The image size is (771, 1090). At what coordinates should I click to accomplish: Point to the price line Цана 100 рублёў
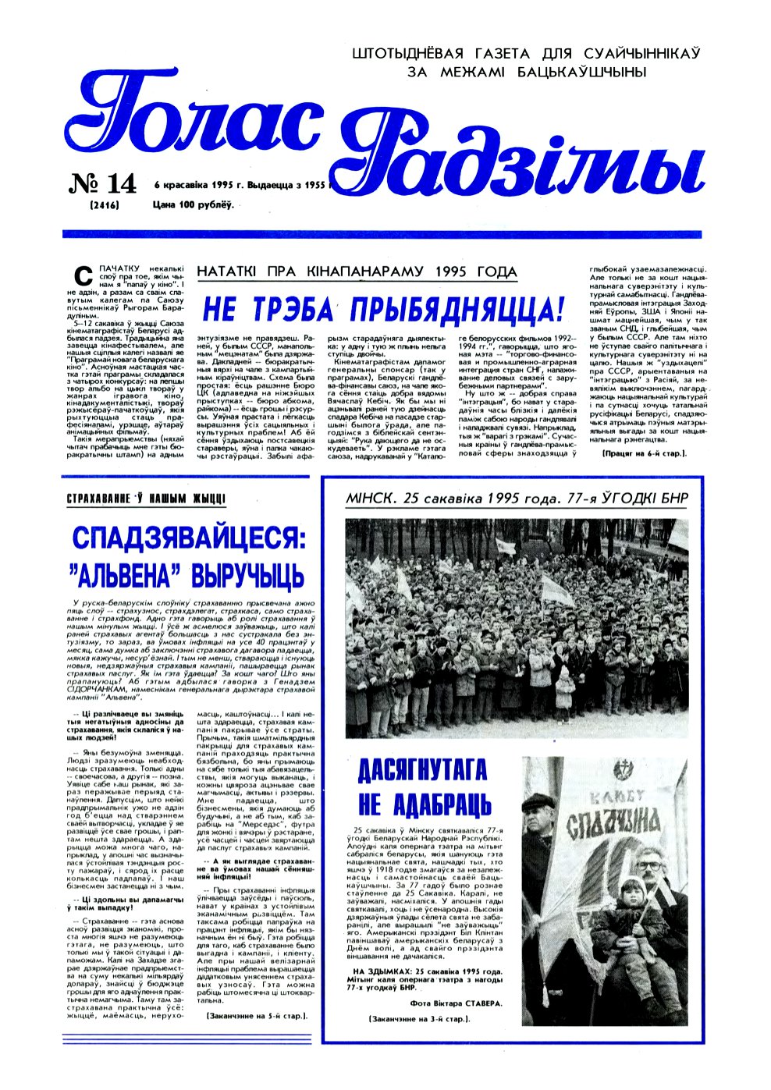[194, 204]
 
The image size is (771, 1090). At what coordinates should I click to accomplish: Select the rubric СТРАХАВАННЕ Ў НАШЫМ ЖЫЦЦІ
[147, 498]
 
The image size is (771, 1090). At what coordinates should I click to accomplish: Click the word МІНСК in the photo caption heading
[374, 499]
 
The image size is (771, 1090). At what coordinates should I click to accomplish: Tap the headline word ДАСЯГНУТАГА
[421, 771]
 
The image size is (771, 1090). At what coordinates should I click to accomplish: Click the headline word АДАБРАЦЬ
[449, 804]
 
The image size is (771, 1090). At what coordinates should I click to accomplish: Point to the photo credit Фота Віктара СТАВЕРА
[456, 1003]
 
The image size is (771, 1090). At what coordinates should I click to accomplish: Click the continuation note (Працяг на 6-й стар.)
[644, 474]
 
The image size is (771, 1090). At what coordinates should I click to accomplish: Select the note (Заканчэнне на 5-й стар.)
[256, 1015]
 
